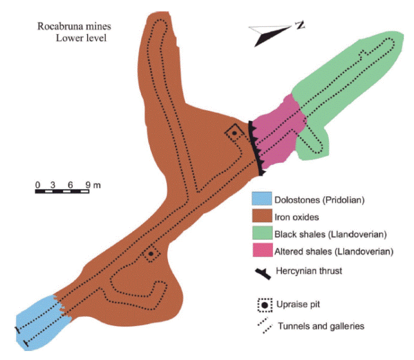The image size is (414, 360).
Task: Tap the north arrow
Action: pos(270,35)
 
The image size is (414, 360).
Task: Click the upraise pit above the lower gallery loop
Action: pos(151,254)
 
